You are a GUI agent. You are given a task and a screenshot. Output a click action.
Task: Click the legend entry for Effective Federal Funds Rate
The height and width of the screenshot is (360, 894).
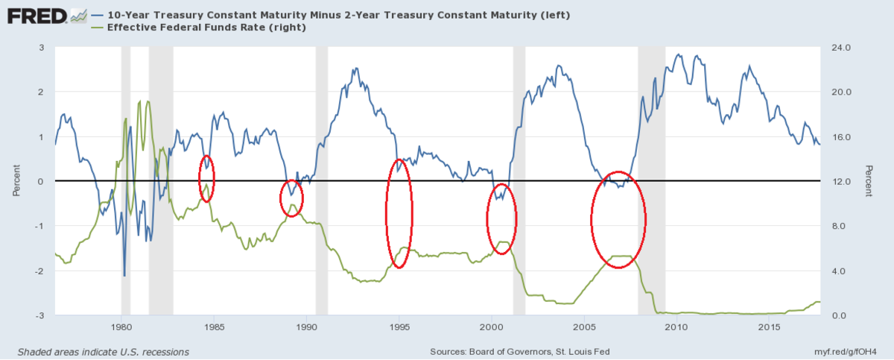(187, 28)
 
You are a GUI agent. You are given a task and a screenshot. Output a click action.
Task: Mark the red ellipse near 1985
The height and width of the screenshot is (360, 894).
(207, 178)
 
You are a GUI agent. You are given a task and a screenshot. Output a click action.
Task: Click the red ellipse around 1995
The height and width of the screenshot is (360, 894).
(399, 213)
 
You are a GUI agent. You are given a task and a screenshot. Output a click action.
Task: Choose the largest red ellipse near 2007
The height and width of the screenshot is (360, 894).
(618, 219)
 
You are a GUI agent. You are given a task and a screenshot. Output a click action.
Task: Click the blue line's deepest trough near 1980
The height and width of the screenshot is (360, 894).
(124, 275)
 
